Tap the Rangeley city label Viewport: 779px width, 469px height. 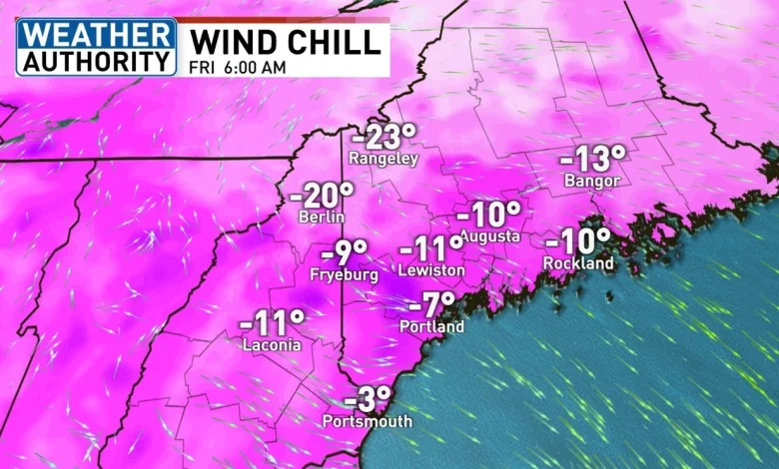pyautogui.click(x=383, y=159)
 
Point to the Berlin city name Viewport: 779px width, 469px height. pyautogui.click(x=322, y=217)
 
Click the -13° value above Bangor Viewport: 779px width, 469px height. pyautogui.click(x=592, y=159)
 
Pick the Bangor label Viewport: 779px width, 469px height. pyautogui.click(x=592, y=181)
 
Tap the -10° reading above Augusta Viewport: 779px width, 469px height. pyautogui.click(x=489, y=215)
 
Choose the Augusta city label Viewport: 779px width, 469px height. pyautogui.click(x=489, y=236)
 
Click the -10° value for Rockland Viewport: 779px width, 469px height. pyautogui.click(x=578, y=240)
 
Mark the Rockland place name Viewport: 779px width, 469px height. pyautogui.click(x=578, y=262)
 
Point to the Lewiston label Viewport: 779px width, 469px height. pyautogui.click(x=431, y=270)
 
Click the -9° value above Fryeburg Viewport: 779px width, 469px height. pyautogui.click(x=345, y=251)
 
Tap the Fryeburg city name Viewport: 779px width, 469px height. pyautogui.click(x=345, y=273)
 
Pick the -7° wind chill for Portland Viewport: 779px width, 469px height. pyautogui.click(x=431, y=304)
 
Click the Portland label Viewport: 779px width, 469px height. pyautogui.click(x=431, y=326)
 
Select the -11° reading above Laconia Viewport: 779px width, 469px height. pyautogui.click(x=272, y=323)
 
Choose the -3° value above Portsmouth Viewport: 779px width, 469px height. pyautogui.click(x=368, y=400)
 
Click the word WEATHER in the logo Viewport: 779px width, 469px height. pyautogui.click(x=96, y=32)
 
